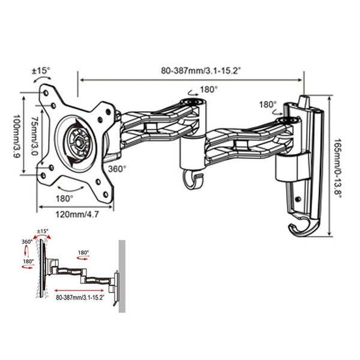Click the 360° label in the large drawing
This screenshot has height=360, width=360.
tap(117, 169)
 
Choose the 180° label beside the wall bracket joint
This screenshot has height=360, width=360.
tap(267, 104)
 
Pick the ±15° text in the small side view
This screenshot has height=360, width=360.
tap(43, 231)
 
